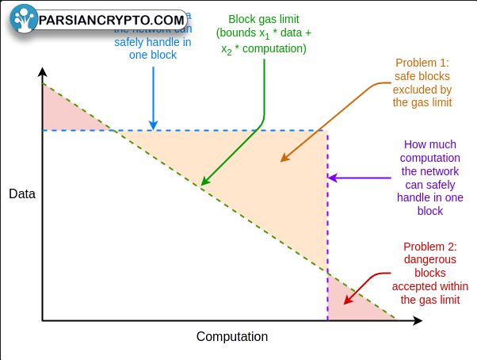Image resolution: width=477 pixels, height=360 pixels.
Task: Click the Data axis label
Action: (22, 194)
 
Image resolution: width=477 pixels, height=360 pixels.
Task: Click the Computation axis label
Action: (232, 336)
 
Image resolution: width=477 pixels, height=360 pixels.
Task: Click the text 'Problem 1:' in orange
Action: (421, 63)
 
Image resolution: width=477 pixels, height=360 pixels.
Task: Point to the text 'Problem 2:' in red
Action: (429, 246)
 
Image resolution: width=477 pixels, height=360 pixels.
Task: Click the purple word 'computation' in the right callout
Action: (429, 158)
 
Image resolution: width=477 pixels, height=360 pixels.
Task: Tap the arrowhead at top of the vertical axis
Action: (43, 72)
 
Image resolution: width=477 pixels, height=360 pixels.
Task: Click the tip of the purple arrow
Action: (329, 178)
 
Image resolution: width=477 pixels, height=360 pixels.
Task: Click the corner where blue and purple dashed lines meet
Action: (327, 130)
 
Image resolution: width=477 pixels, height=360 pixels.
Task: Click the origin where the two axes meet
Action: (43, 320)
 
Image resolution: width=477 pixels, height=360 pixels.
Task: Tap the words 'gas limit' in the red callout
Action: (429, 300)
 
